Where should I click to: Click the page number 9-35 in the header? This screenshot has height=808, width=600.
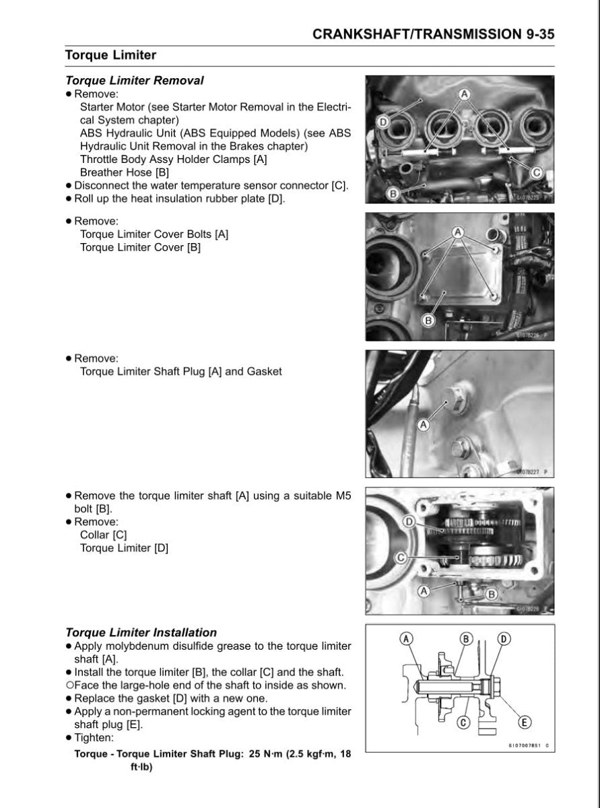536,34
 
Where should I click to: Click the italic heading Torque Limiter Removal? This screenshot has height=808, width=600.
134,81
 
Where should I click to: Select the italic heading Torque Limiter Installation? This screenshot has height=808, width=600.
141,632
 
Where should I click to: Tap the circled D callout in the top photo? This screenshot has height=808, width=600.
382,122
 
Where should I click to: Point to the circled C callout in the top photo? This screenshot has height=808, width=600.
537,172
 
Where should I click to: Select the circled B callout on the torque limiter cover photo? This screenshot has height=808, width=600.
427,320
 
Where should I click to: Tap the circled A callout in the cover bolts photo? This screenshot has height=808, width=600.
458,232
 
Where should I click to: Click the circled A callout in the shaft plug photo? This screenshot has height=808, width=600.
423,425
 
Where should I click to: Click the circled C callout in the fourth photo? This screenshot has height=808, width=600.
399,557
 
